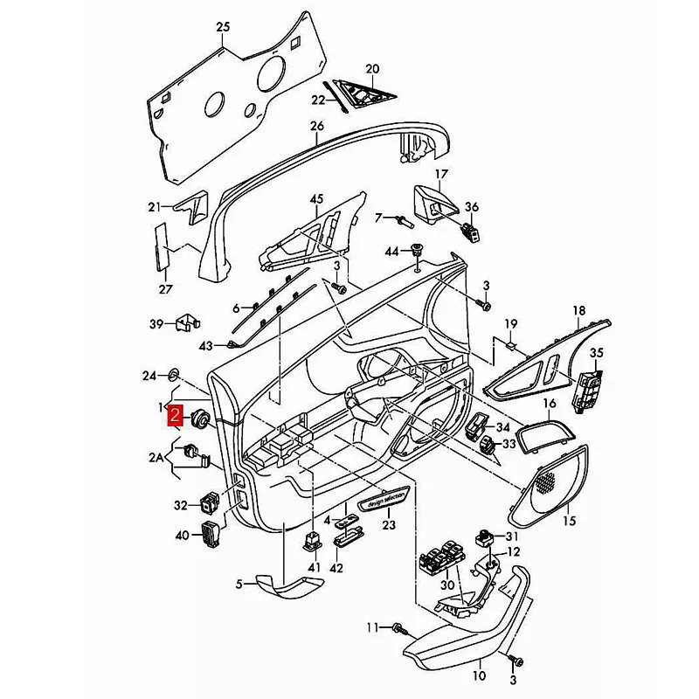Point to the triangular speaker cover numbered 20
(x=361, y=90)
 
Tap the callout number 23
(x=388, y=526)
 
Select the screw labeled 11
(x=398, y=627)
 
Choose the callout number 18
(x=578, y=311)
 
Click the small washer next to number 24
(x=173, y=376)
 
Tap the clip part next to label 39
(x=184, y=323)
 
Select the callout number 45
(x=315, y=198)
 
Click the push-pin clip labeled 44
(x=417, y=251)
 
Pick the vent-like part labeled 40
(x=211, y=532)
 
